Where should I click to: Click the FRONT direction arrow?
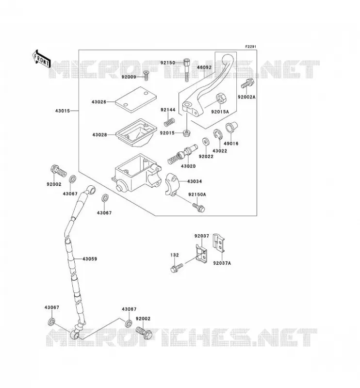click(x=42, y=59)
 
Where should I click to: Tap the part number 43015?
click(x=63, y=111)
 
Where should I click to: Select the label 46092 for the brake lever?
click(x=204, y=67)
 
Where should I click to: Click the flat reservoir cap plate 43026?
click(x=136, y=99)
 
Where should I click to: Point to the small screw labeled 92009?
click(x=146, y=75)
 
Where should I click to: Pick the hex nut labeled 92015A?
click(x=221, y=98)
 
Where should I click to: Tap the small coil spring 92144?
click(x=170, y=122)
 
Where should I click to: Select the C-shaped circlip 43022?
click(x=218, y=135)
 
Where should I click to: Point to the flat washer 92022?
click(x=205, y=142)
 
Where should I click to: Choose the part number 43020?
click(x=188, y=166)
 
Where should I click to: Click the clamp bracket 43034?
click(x=172, y=184)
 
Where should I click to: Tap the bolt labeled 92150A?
click(x=198, y=207)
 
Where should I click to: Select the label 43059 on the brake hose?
click(x=90, y=259)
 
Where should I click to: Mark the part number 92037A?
click(x=222, y=263)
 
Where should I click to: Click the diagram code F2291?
click(x=250, y=47)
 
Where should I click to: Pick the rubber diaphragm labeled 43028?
click(x=136, y=133)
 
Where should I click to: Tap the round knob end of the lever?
click(x=227, y=59)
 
